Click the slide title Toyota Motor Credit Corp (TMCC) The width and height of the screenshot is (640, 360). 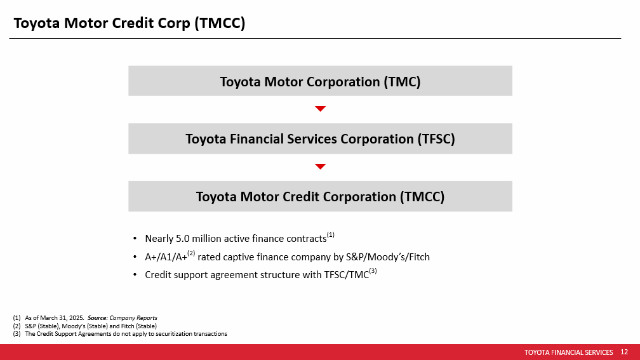130,23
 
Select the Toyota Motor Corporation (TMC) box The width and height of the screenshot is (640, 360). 320,81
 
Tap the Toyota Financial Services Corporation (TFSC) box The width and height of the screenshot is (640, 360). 320,139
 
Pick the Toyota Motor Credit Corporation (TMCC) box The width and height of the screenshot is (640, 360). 320,196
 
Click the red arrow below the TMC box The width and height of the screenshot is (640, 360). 321,109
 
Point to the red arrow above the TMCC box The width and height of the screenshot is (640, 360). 321,166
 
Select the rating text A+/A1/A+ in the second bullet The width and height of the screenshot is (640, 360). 166,257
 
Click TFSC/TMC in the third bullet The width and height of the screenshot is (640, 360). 347,275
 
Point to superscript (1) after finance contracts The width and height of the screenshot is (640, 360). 331,235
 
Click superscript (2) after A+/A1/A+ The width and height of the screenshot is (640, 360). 192,253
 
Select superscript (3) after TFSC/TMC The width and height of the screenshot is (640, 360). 373,271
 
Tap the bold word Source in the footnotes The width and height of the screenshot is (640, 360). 97,318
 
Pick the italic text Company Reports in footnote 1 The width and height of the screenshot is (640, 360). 133,318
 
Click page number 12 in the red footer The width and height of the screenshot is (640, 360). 624,352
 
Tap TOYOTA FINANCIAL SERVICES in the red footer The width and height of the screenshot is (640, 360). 569,352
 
